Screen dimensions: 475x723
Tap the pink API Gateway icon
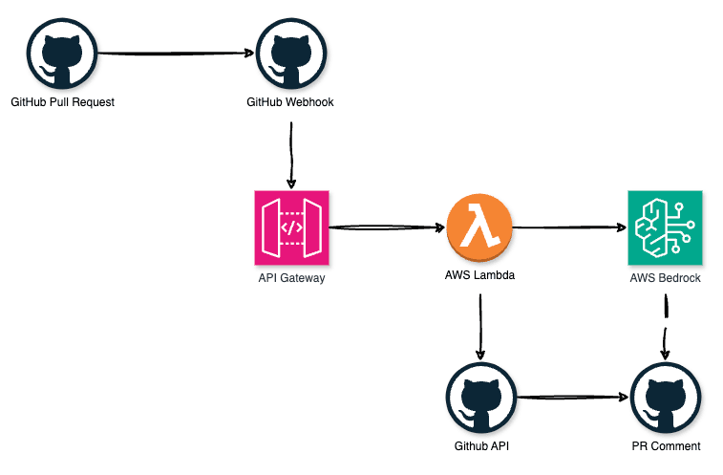[291, 227]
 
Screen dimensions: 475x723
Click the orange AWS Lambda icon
[479, 227]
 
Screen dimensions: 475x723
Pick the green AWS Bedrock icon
[665, 227]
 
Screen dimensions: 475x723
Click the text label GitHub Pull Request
[62, 102]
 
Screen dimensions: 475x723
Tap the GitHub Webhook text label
[290, 102]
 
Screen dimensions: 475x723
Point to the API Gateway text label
[291, 278]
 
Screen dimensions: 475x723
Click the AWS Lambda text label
[479, 278]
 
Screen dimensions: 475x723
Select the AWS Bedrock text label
[665, 278]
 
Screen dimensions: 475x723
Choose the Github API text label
[479, 446]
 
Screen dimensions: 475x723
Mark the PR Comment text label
[666, 446]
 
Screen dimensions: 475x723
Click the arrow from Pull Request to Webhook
[176, 54]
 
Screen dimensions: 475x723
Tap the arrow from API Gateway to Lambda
[386, 227]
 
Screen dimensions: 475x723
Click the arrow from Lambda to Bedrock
[570, 227]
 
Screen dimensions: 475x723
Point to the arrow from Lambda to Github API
[479, 325]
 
